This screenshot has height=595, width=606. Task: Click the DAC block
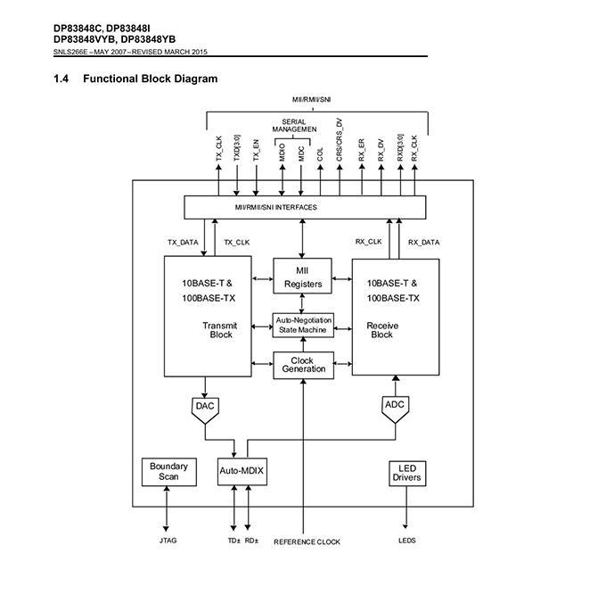pyautogui.click(x=205, y=407)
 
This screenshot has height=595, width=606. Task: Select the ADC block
pyautogui.click(x=395, y=405)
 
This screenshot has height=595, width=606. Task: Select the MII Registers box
pyautogui.click(x=303, y=277)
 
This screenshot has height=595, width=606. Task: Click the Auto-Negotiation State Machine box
pyautogui.click(x=303, y=325)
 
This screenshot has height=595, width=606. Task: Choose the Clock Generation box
pyautogui.click(x=303, y=364)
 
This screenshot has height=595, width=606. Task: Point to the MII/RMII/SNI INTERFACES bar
pyautogui.click(x=303, y=207)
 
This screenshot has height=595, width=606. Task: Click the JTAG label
pyautogui.click(x=168, y=541)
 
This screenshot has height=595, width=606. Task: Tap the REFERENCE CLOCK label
pyautogui.click(x=307, y=541)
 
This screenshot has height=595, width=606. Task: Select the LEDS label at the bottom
pyautogui.click(x=406, y=541)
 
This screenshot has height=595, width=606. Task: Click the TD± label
pyautogui.click(x=233, y=541)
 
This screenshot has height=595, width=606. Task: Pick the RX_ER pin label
pyautogui.click(x=361, y=149)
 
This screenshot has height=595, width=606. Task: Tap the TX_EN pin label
pyautogui.click(x=257, y=149)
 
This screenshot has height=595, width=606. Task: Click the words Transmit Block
pyautogui.click(x=220, y=330)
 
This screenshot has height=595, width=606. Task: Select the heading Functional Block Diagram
pyautogui.click(x=150, y=79)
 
